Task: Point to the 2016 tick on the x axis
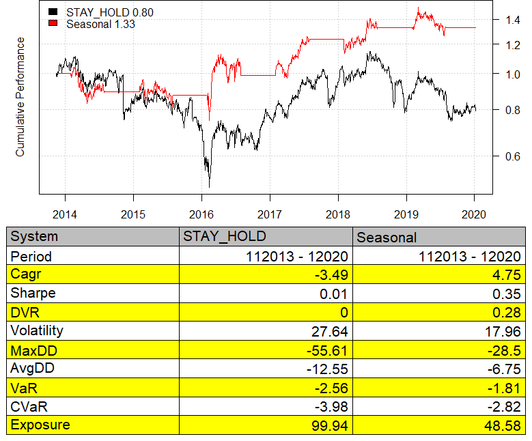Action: pyautogui.click(x=201, y=214)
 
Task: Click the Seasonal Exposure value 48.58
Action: pyautogui.click(x=505, y=425)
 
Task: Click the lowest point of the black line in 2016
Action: pyautogui.click(x=209, y=186)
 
